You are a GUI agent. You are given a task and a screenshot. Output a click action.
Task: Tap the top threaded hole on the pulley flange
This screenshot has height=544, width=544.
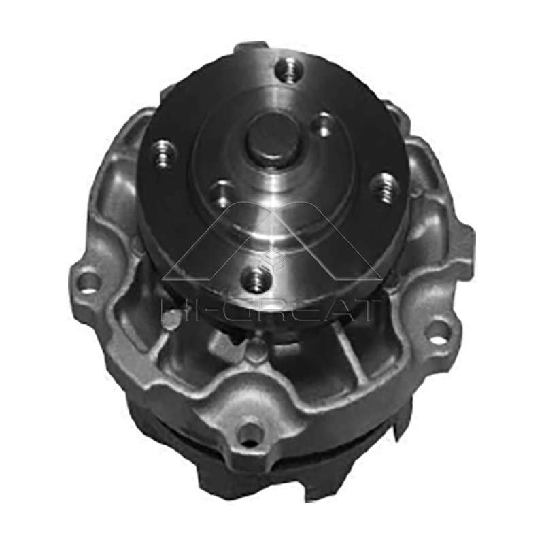[289, 70]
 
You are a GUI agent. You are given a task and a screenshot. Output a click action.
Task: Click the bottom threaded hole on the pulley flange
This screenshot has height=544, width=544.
[256, 277]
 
